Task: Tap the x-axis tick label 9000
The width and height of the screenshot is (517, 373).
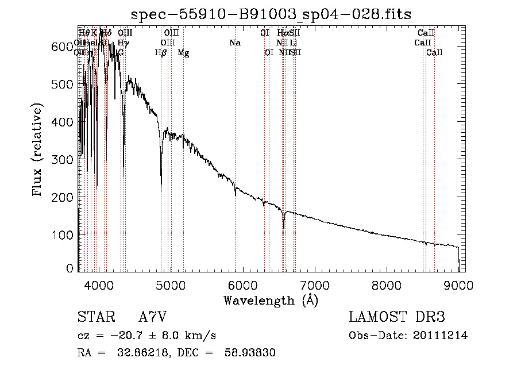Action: pos(458,284)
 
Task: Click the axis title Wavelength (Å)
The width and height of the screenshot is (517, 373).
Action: pos(271,300)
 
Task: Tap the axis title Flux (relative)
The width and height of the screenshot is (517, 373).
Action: pos(38,151)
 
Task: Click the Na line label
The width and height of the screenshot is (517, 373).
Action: pos(234,43)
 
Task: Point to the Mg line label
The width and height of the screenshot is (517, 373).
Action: pos(183,53)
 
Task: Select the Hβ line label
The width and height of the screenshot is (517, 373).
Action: pos(161,53)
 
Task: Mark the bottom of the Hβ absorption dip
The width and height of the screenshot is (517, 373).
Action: pos(161,190)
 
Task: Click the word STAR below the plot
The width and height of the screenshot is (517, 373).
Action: pos(95,317)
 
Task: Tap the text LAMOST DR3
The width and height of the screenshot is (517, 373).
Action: pos(397,317)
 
